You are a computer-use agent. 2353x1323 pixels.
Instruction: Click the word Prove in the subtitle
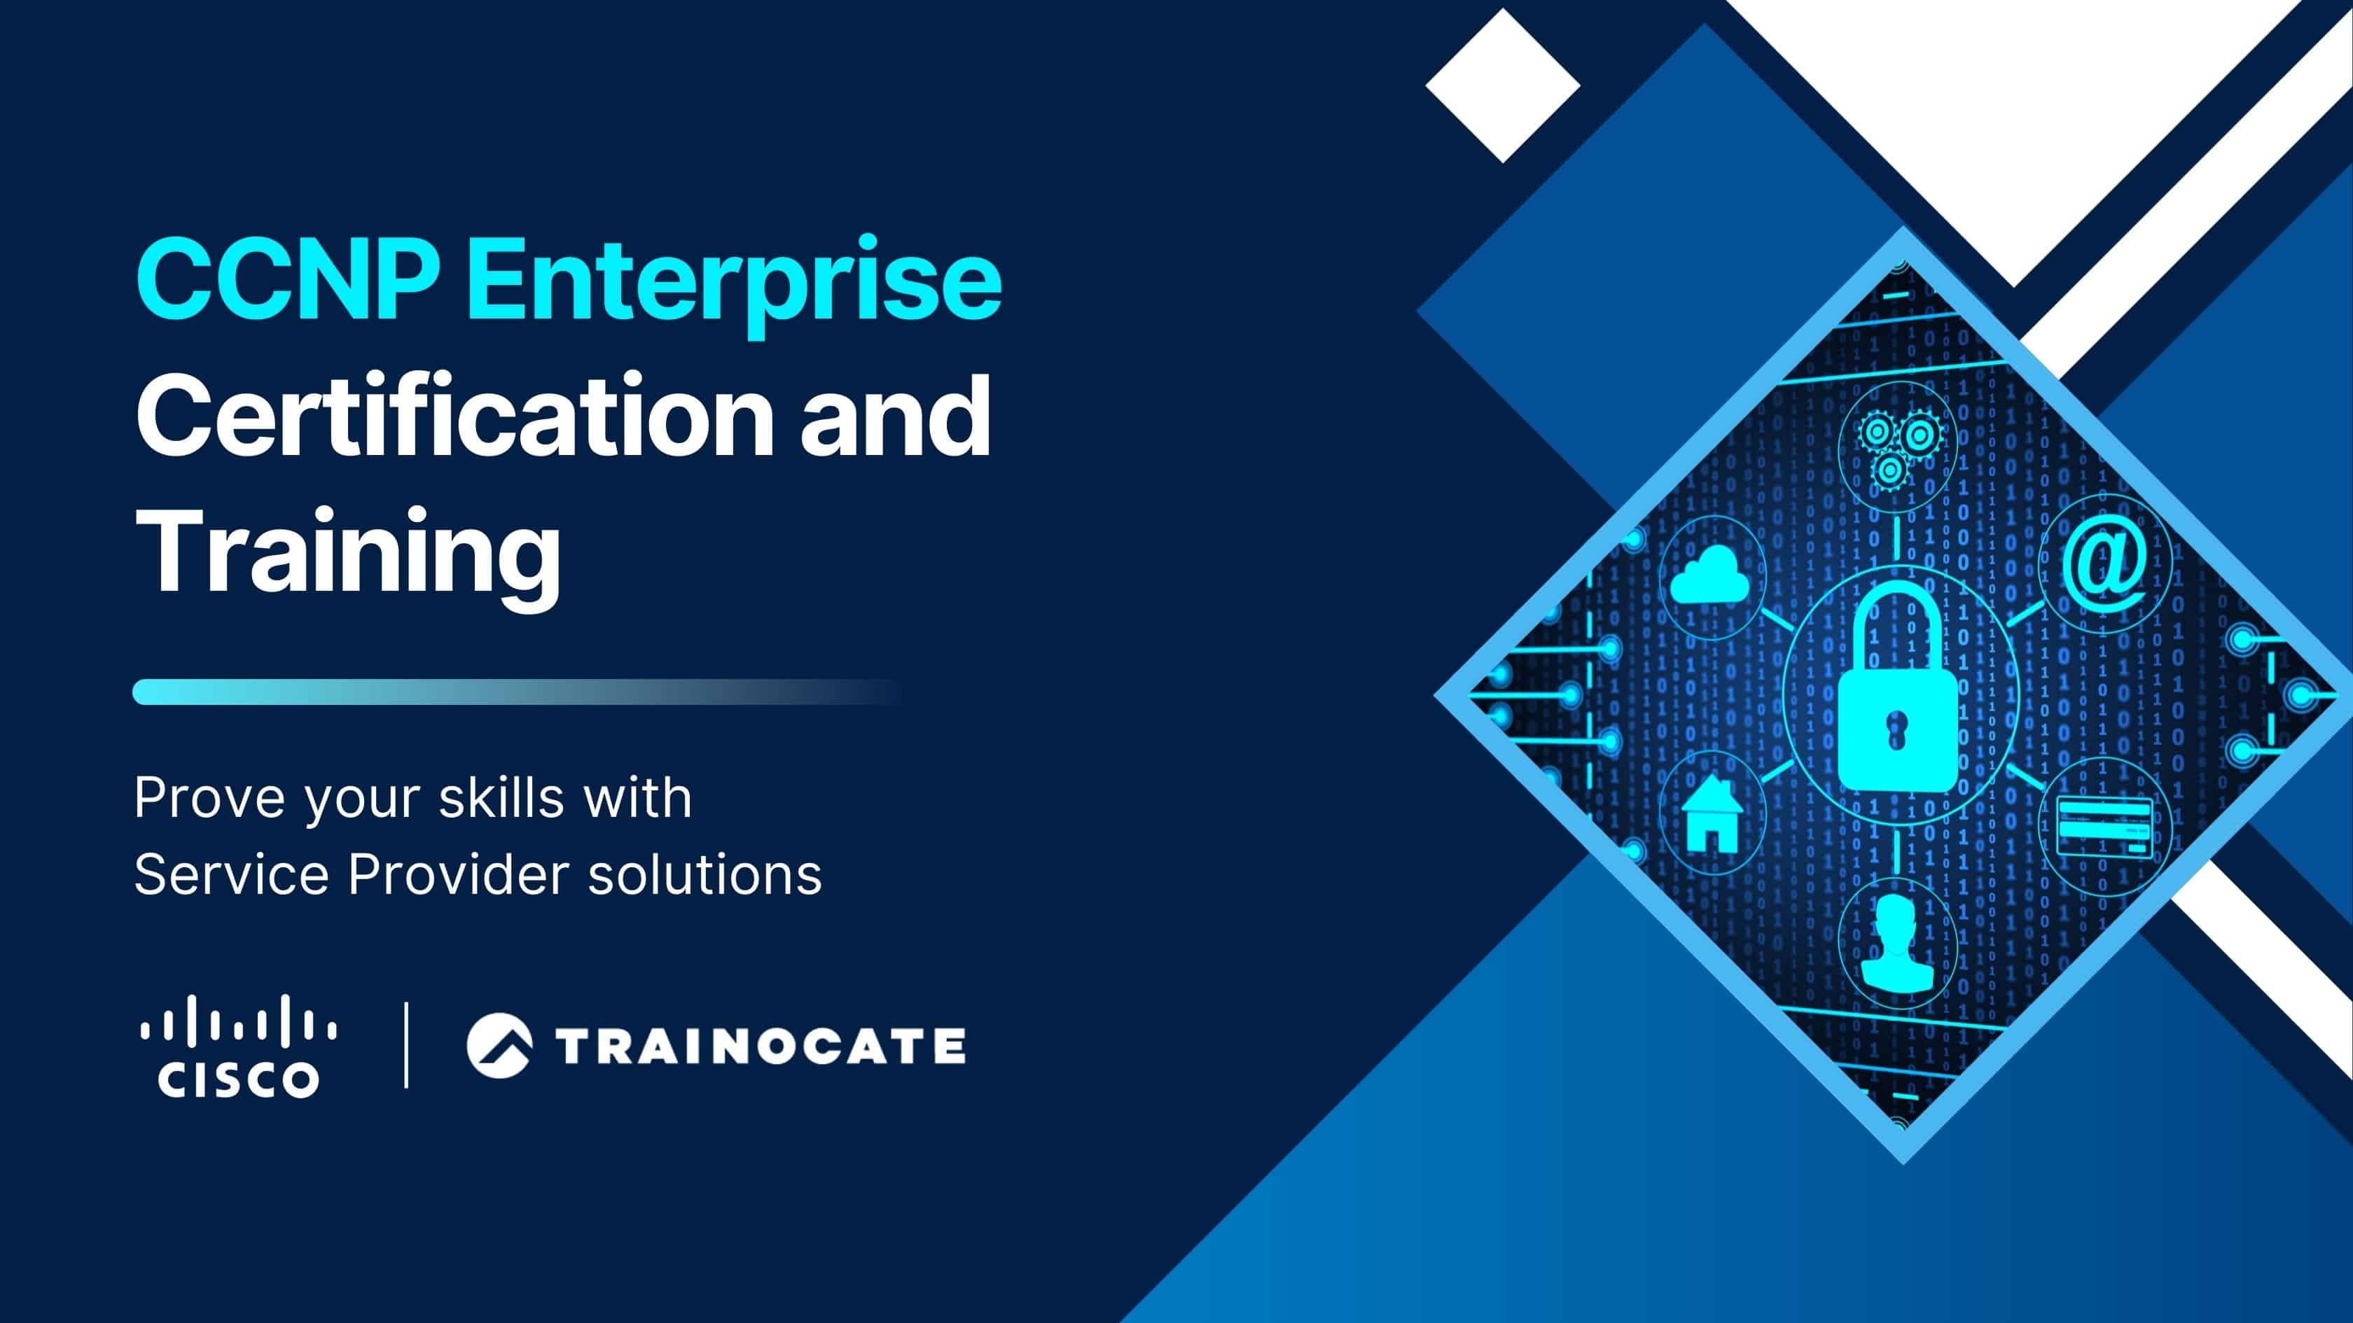click(209, 798)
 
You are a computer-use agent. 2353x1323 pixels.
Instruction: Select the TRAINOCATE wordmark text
click(760, 1046)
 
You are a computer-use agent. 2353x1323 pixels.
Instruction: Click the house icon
click(1710, 813)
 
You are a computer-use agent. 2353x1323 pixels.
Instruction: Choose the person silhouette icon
click(1896, 943)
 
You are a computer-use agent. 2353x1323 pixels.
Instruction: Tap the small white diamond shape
click(1503, 86)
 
